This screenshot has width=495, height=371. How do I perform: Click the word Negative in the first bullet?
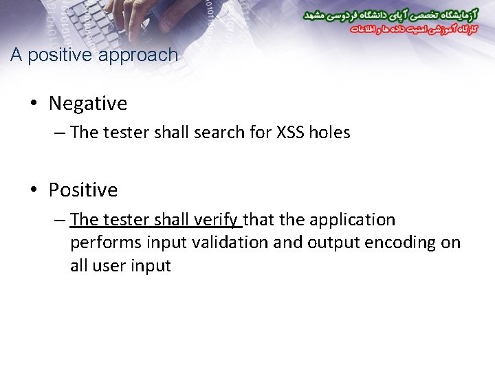[x=88, y=104]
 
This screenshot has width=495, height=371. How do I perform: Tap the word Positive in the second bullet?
[x=83, y=190]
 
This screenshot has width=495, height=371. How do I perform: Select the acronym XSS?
[x=289, y=133]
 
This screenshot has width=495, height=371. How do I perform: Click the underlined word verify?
[x=216, y=220]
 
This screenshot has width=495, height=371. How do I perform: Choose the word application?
[x=353, y=220]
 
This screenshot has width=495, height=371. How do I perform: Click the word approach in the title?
[x=138, y=55]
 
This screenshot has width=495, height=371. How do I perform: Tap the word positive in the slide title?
[x=60, y=55]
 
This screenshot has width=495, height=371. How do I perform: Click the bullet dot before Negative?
[x=34, y=104]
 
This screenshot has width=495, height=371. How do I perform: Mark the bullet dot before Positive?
[x=34, y=190]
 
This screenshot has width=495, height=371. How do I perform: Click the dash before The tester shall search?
[x=58, y=133]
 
